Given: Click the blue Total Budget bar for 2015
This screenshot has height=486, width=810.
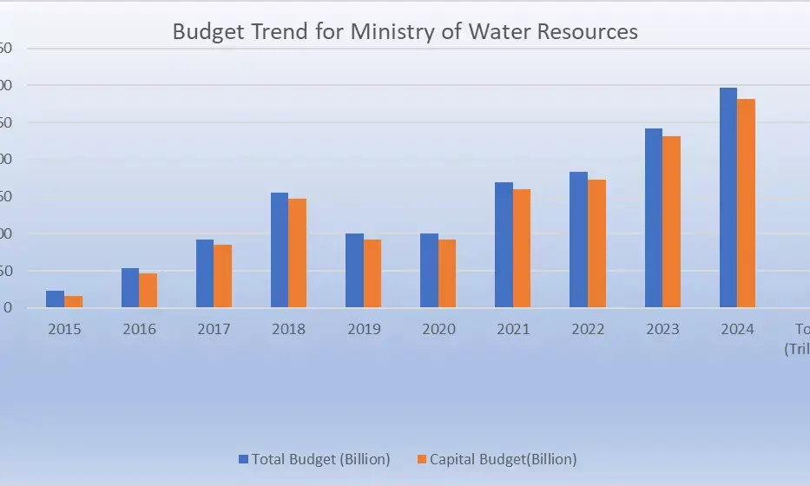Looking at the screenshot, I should tap(55, 299).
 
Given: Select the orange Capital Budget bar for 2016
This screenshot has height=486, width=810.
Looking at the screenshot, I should tap(148, 291).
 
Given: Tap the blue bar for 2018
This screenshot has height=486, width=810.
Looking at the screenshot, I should tap(280, 250).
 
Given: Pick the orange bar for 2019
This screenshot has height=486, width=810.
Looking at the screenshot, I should tap(372, 273).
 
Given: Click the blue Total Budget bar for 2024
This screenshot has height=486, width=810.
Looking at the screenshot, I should tap(728, 198).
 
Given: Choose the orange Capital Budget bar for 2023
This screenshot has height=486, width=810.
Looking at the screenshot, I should tap(671, 222).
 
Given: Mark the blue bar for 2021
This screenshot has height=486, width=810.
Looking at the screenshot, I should tap(504, 245).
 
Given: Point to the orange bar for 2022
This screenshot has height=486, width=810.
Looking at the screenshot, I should tap(596, 244).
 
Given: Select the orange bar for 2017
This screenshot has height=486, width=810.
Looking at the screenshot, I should tap(222, 276).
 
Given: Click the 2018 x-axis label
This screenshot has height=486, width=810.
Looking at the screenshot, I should tap(288, 330).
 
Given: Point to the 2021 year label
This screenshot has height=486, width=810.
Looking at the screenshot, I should tap(512, 330).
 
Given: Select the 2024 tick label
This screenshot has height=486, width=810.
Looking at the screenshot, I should tap(737, 330).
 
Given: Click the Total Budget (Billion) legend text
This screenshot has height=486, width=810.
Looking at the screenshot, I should tap(320, 458).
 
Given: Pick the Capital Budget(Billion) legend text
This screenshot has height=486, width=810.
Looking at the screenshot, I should tap(503, 458).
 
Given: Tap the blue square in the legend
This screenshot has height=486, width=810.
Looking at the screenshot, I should tap(244, 458).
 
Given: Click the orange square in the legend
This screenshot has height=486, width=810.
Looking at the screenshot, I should tap(422, 458).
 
